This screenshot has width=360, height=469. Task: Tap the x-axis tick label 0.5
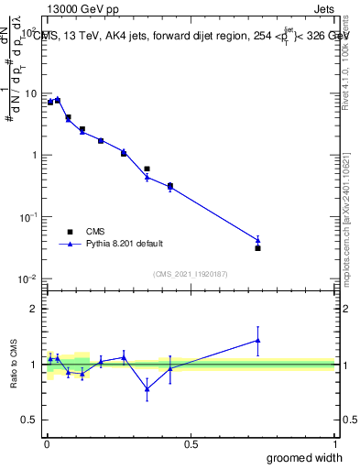point(191,444)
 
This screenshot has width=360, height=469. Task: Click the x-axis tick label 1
point(334,444)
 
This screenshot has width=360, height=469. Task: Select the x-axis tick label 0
point(46,444)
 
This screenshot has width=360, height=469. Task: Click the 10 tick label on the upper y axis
point(31,93)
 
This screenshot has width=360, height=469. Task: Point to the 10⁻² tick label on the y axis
point(29,278)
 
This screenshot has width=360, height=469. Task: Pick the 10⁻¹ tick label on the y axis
point(29,216)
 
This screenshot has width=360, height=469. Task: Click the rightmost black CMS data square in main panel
point(258,248)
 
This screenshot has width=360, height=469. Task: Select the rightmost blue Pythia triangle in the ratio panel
point(258,340)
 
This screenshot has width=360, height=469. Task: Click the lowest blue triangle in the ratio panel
point(147,388)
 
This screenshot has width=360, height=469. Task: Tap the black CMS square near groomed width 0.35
point(147,169)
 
